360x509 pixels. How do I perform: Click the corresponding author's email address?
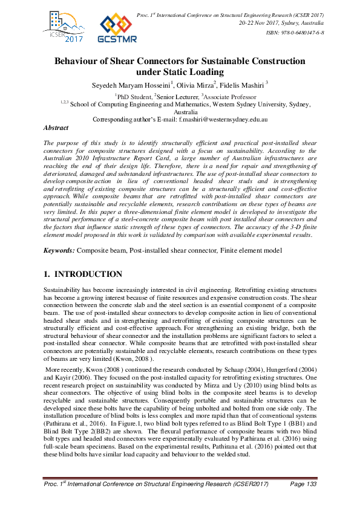pos(223,120)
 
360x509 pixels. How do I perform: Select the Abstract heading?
pos(56,128)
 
